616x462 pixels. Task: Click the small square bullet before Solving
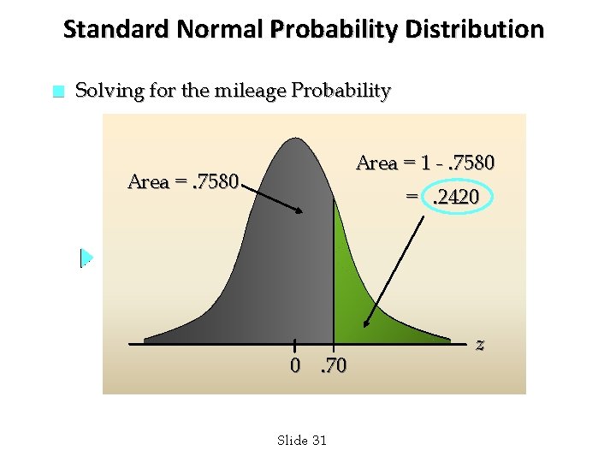(57, 92)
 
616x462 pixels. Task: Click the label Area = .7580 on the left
(182, 181)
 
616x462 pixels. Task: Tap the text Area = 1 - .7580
(424, 163)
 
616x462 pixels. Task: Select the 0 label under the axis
(294, 366)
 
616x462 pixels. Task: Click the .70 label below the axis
(332, 366)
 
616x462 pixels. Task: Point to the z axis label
(480, 344)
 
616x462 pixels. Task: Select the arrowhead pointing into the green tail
(366, 324)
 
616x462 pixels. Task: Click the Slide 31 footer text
(302, 440)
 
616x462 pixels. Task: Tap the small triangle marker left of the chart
(86, 258)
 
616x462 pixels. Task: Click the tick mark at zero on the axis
(294, 344)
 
